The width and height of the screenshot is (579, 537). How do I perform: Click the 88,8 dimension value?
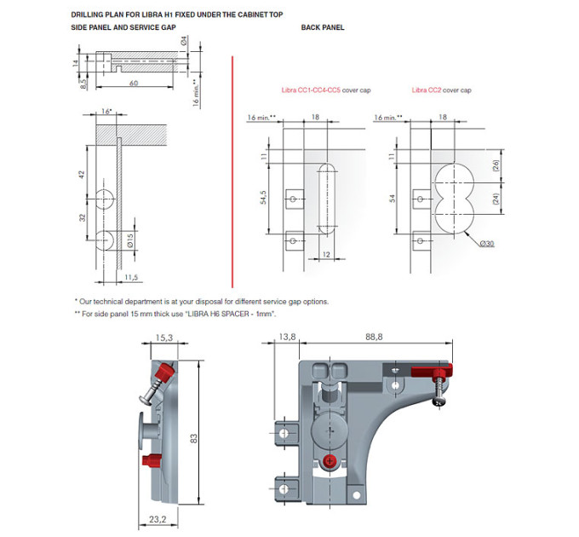pyautogui.click(x=374, y=337)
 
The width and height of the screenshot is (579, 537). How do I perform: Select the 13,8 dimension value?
pyautogui.click(x=287, y=337)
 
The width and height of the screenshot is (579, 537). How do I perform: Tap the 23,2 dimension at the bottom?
pyautogui.click(x=158, y=519)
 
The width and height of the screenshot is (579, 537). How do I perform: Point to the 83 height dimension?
pyautogui.click(x=193, y=439)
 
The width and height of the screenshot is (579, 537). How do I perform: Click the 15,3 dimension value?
pyautogui.click(x=164, y=338)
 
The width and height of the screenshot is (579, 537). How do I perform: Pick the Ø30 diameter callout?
pyautogui.click(x=487, y=243)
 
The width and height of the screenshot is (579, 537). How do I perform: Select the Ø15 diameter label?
pyautogui.click(x=130, y=240)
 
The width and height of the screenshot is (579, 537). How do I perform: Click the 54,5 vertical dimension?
pyautogui.click(x=263, y=198)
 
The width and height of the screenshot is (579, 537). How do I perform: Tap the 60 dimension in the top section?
pyautogui.click(x=134, y=83)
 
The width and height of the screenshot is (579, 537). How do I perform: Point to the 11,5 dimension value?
pyautogui.click(x=131, y=277)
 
